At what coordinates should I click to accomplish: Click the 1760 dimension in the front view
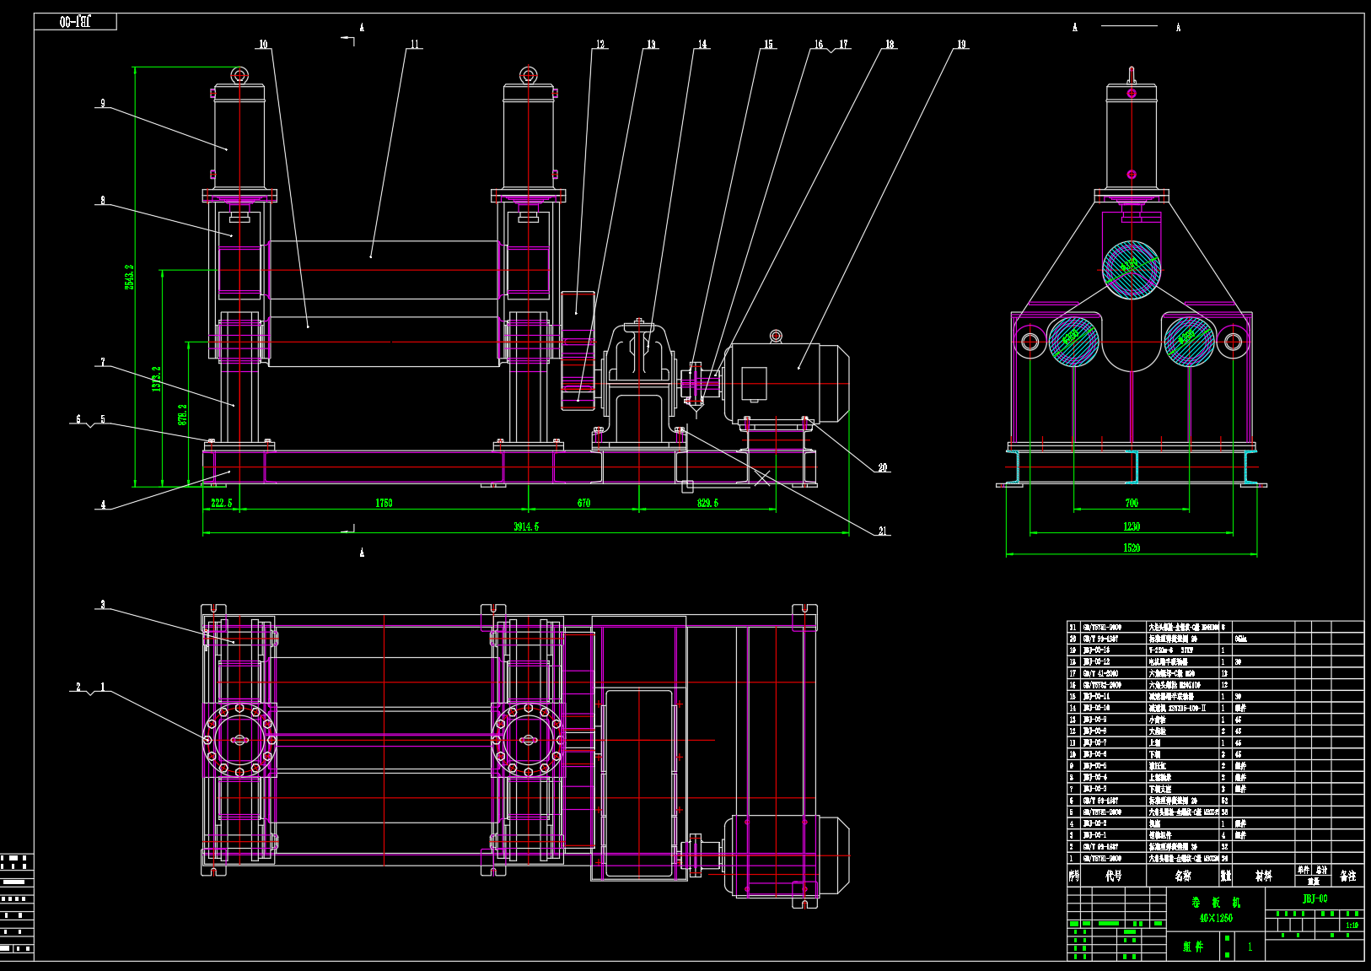[384, 504]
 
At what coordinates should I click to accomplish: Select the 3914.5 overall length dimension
[526, 527]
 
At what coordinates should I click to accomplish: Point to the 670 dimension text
[583, 504]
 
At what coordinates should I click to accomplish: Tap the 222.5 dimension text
[221, 504]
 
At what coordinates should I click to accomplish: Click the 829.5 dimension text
[707, 504]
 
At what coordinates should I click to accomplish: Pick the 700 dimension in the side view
[1132, 504]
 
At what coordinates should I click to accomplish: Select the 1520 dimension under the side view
[1132, 548]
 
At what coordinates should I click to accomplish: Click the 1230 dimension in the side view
[1132, 527]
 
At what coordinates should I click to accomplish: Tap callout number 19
[961, 45]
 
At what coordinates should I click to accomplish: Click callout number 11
[415, 45]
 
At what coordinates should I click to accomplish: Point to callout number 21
[883, 531]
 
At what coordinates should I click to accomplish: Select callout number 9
[103, 104]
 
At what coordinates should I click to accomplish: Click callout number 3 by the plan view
[103, 605]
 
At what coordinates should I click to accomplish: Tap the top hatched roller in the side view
[1132, 269]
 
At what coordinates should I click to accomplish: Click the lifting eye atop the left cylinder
[239, 76]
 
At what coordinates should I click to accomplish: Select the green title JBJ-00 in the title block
[1315, 899]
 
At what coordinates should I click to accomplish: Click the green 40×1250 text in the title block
[1216, 918]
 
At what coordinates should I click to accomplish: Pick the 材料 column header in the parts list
[1263, 877]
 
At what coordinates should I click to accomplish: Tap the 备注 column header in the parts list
[1347, 877]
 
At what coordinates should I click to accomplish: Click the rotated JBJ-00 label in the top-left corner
[75, 22]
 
